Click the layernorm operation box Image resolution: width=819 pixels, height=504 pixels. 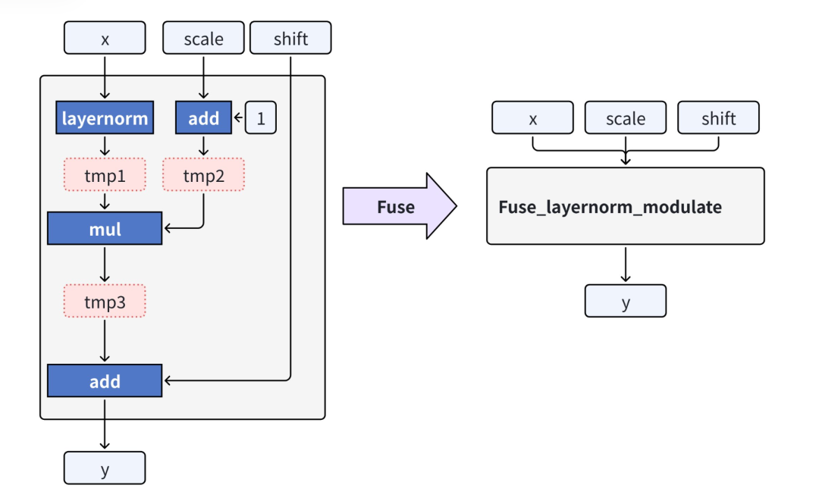(x=105, y=118)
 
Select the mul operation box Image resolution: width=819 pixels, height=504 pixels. (x=105, y=229)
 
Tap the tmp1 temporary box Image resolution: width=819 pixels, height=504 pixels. (x=105, y=177)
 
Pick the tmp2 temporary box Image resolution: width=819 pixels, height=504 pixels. (x=204, y=177)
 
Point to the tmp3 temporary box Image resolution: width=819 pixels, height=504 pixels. (x=105, y=302)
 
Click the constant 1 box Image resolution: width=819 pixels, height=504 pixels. (x=261, y=118)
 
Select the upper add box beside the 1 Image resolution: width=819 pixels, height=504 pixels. (x=204, y=118)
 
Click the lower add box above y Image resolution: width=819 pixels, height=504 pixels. (x=105, y=381)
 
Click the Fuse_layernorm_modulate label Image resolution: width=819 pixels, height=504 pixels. (x=610, y=207)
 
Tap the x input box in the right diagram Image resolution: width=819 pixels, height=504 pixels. (x=533, y=119)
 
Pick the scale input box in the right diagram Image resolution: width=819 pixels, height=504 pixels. (x=626, y=119)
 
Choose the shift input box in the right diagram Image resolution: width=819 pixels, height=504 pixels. (x=718, y=119)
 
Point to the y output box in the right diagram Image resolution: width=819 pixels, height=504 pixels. (x=626, y=302)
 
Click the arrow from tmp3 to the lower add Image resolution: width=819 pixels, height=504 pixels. (x=105, y=340)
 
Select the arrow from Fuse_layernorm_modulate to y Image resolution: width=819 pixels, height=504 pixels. (x=626, y=265)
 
